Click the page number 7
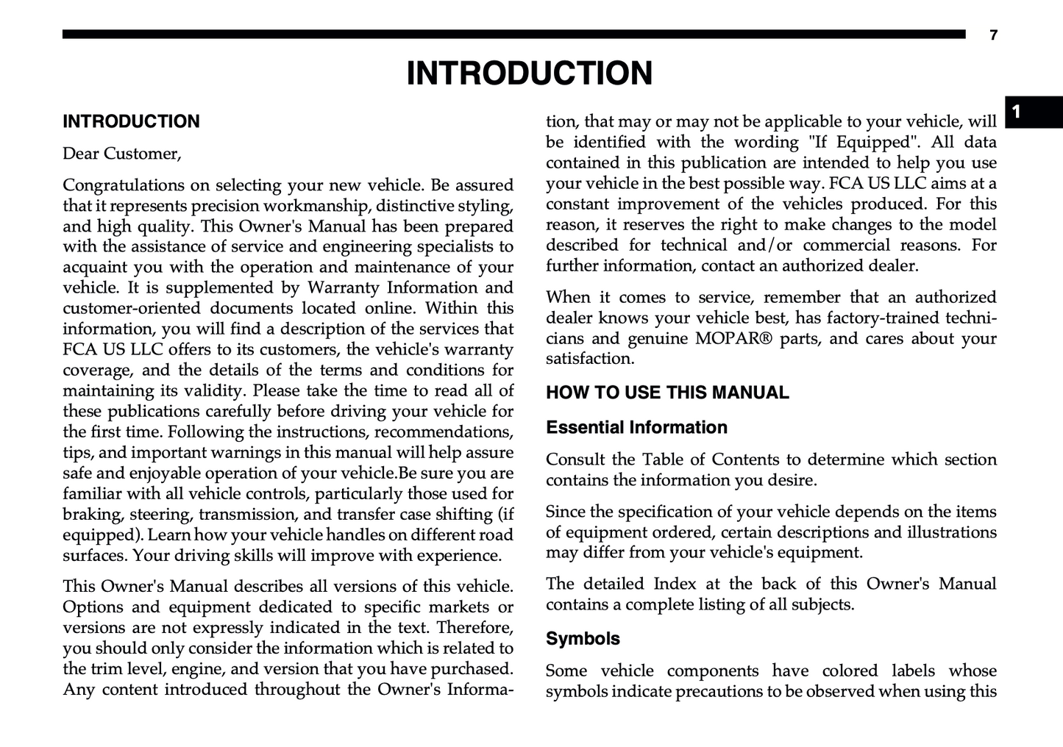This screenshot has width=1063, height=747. pos(993,35)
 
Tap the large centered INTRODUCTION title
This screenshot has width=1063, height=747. pos(530,74)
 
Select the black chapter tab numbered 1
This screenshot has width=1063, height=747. pos(1034,112)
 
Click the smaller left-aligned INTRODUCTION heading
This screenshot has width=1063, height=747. pos(131,121)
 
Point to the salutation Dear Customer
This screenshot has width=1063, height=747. pos(121,154)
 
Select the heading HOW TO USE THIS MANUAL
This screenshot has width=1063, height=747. pos(667,393)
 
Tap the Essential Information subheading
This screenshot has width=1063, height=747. pos(636,427)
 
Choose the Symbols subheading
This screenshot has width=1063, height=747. pos(583,638)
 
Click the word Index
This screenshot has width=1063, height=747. pos(675,584)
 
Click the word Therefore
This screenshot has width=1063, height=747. pos(477,627)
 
